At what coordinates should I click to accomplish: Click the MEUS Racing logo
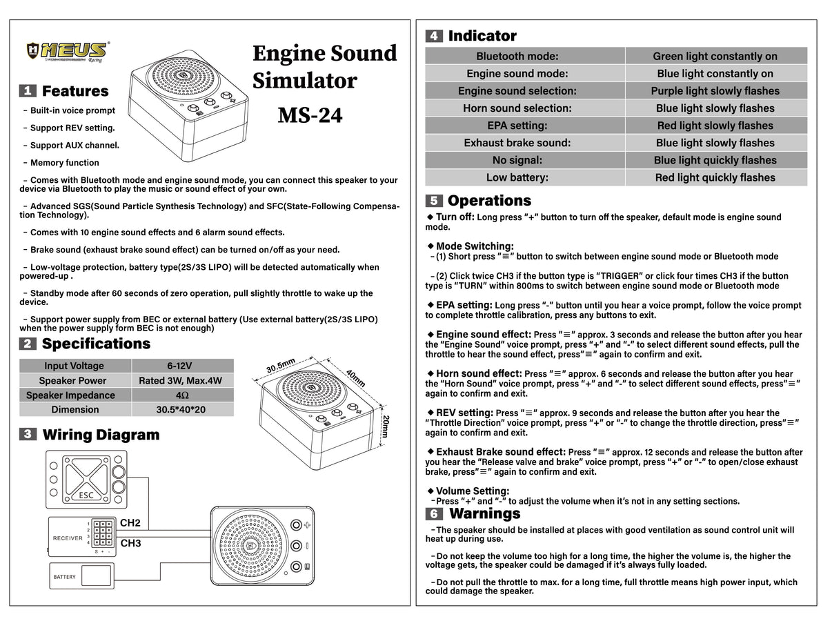67,52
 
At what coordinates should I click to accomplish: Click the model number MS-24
310,115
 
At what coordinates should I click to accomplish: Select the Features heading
75,91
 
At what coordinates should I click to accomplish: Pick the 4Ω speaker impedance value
182,395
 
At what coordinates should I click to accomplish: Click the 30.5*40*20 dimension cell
182,409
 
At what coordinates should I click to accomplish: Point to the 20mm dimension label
386,426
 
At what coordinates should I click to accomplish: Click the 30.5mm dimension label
281,366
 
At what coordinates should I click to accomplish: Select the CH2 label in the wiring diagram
130,523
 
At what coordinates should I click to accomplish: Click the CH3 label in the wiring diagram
130,543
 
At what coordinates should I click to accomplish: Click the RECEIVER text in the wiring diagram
68,538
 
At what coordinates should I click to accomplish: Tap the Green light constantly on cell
715,57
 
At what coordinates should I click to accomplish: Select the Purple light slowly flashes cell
715,91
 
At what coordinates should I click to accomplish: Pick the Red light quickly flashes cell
715,177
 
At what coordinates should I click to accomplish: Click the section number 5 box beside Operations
434,201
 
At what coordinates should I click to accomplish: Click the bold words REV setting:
464,413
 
